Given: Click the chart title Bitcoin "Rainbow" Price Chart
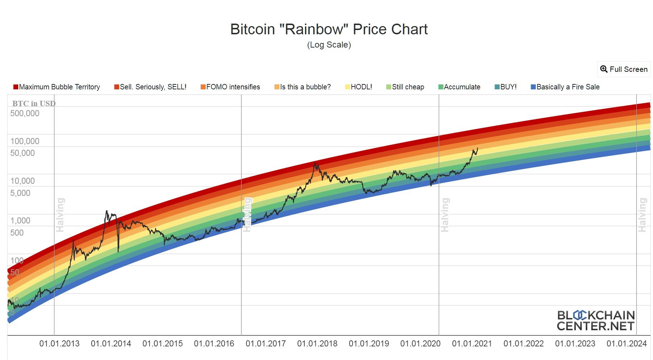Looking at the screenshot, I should tap(329, 29).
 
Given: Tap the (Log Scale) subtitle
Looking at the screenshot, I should tap(329, 45).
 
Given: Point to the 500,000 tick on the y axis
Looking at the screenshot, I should tap(25, 113).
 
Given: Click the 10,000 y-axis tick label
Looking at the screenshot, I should tap(23, 181).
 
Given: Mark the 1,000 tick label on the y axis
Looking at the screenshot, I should tap(20, 221).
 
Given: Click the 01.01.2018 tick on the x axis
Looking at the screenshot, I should tap(317, 344).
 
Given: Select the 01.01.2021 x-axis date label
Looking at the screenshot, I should tap(472, 344).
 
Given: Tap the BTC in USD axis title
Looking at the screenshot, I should tap(34, 104).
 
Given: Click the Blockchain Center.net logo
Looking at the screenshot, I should tap(595, 321).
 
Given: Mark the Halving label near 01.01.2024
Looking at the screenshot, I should tap(642, 215).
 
